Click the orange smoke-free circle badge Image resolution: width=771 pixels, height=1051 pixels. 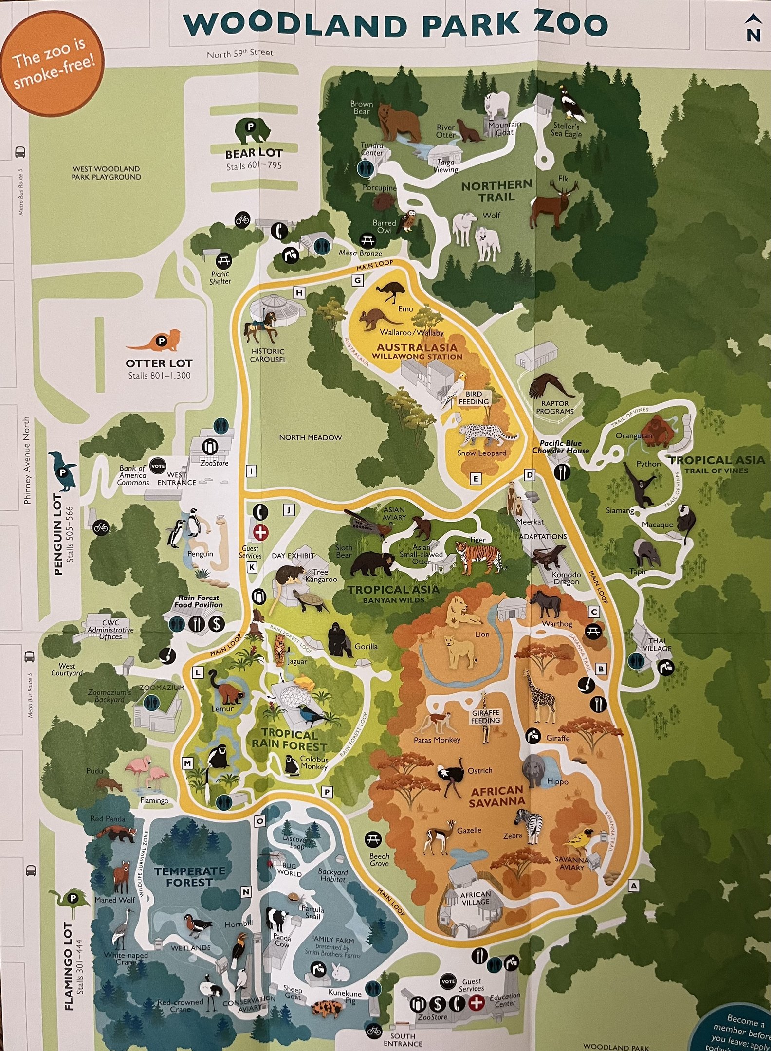[x=53, y=69]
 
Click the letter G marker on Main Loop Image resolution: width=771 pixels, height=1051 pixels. [x=358, y=280]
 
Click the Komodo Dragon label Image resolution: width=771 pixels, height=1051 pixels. [x=566, y=578]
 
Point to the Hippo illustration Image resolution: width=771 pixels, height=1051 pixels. [x=534, y=770]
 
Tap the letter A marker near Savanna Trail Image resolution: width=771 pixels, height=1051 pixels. [x=633, y=886]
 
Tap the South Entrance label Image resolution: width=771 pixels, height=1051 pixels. [x=403, y=1039]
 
